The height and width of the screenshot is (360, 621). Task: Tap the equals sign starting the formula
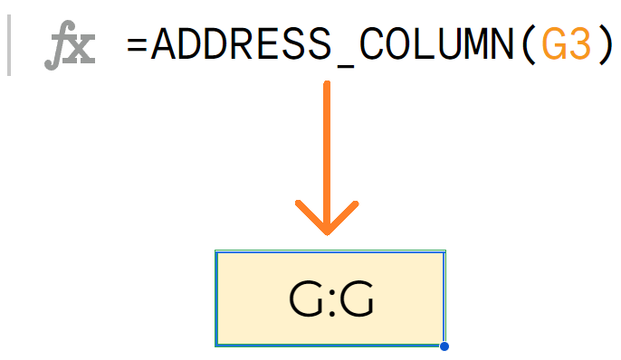coord(138,44)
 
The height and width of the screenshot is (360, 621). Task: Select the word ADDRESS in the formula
coord(240,43)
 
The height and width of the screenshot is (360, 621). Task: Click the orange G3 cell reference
coord(566,43)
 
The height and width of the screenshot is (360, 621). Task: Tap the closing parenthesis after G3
coord(604,44)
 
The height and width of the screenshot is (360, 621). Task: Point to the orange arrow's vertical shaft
coord(327,145)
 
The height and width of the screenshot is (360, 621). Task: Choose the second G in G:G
coord(356,299)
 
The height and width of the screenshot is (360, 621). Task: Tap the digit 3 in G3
coord(578,43)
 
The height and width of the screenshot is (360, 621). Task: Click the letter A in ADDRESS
coord(164,43)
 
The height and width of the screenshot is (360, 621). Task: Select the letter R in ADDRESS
coord(240,43)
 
